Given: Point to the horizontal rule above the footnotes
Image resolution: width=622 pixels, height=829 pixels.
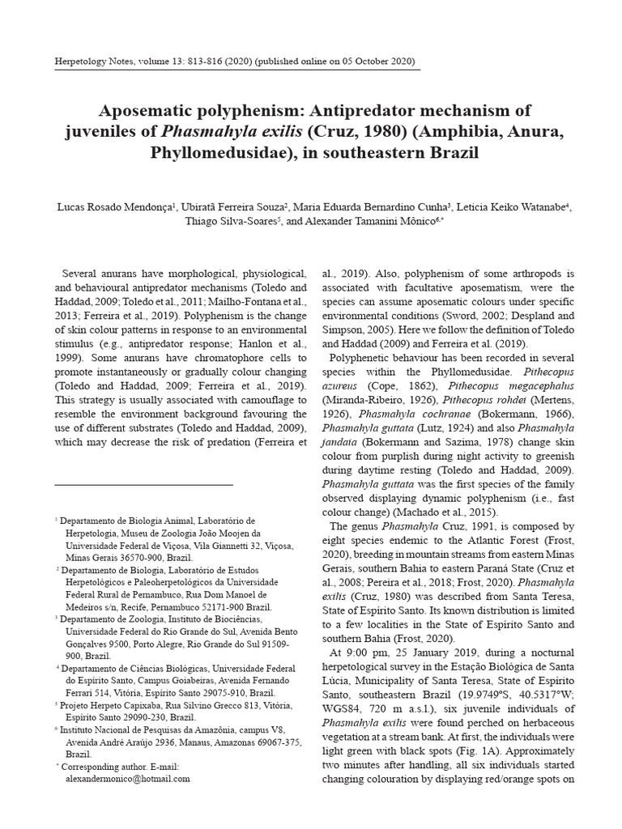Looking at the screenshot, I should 143,484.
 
